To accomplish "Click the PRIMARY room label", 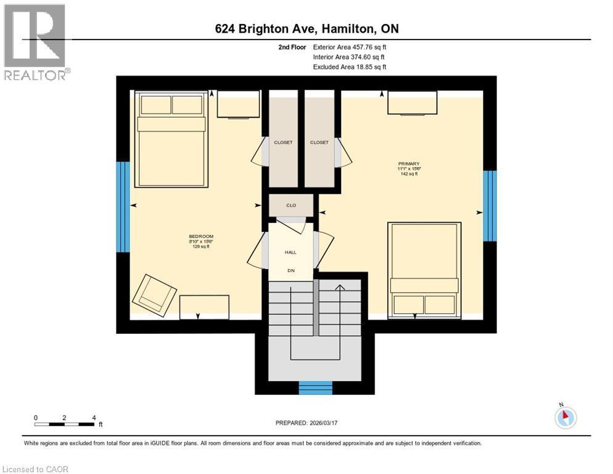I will [409, 164].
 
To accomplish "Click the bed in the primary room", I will [424, 270].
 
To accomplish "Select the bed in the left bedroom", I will [171, 139].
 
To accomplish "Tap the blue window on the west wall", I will [123, 207].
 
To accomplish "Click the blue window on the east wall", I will [489, 206].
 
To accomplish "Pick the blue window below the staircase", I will [315, 388].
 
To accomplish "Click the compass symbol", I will [565, 417].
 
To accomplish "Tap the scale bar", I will [65, 424].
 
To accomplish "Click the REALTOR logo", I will [35, 42].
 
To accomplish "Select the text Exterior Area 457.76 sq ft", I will [350, 47].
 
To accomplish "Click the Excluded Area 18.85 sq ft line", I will [350, 67].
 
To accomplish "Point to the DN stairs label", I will [291, 270].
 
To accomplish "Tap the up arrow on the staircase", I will [339, 288].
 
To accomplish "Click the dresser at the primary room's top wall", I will [412, 102].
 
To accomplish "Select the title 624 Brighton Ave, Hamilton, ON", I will [306, 28].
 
